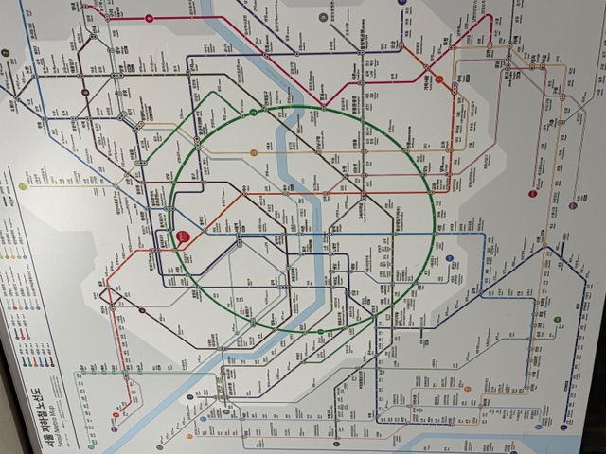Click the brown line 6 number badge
click(142, 309)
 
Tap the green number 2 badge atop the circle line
click(254, 113)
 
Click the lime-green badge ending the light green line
click(22, 186)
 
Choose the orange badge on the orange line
click(189, 436)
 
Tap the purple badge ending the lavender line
click(403, 4)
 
